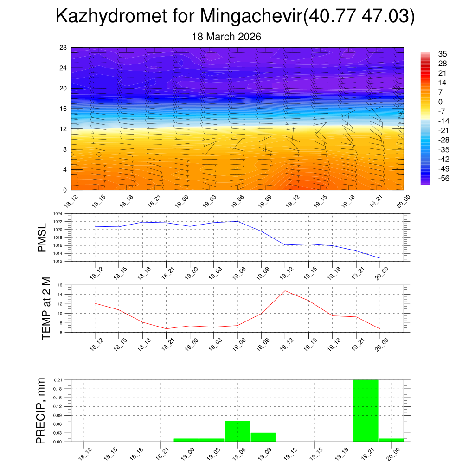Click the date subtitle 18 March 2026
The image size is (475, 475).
tap(226, 37)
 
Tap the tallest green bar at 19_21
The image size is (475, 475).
tap(366, 411)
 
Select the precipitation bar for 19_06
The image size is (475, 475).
tap(237, 431)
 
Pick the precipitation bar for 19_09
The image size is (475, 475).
tap(263, 437)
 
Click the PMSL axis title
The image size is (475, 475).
tap(42, 237)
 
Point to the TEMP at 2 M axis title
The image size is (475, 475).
tap(46, 308)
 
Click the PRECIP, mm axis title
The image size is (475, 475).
tap(42, 411)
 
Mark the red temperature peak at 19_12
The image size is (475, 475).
tap(285, 291)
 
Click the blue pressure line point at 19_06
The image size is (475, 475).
tap(237, 221)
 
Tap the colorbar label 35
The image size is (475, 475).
tap(443, 54)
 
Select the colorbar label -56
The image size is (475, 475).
tap(444, 178)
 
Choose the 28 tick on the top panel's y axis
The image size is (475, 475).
tap(64, 47)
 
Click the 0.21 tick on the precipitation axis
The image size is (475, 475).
tap(58, 380)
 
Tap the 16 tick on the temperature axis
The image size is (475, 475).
tap(60, 285)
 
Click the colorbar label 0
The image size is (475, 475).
tap(440, 102)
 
